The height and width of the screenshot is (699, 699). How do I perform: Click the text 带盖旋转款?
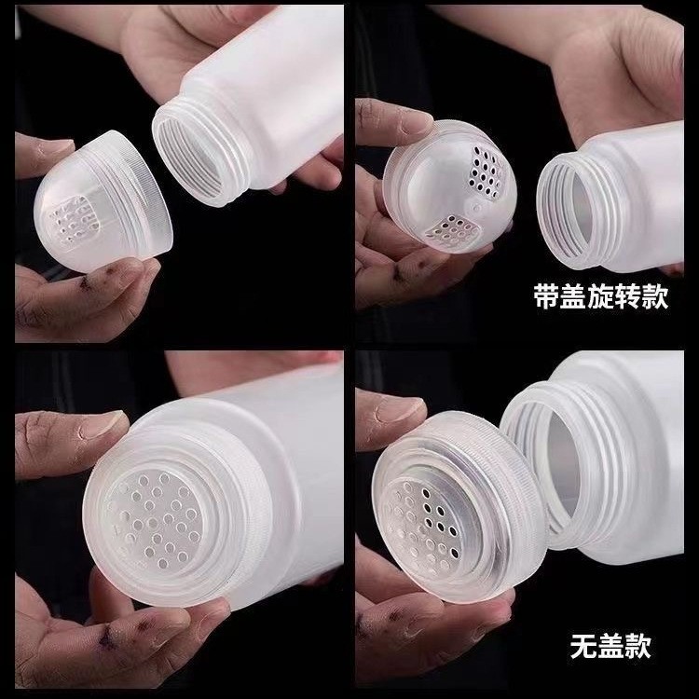click(x=600, y=297)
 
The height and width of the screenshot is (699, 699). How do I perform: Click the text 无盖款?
click(x=610, y=647)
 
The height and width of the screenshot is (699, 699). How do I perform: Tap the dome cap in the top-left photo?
click(x=103, y=201)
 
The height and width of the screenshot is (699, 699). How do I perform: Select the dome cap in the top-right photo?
click(x=449, y=186)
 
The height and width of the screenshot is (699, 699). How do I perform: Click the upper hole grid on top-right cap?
click(x=486, y=172)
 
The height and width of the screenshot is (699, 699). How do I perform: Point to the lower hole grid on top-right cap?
click(x=452, y=231)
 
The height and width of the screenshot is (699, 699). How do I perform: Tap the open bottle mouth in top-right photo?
click(x=575, y=211)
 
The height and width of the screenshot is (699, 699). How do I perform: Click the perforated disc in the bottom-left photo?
click(x=154, y=519)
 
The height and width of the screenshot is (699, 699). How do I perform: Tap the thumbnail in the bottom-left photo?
click(x=103, y=425)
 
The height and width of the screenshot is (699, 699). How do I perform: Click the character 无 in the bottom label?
click(x=583, y=647)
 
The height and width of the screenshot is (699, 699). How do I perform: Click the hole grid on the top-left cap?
click(x=74, y=220)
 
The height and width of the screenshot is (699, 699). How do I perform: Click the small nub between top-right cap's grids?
click(x=476, y=207)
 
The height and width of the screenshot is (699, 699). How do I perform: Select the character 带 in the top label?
click(x=546, y=297)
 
